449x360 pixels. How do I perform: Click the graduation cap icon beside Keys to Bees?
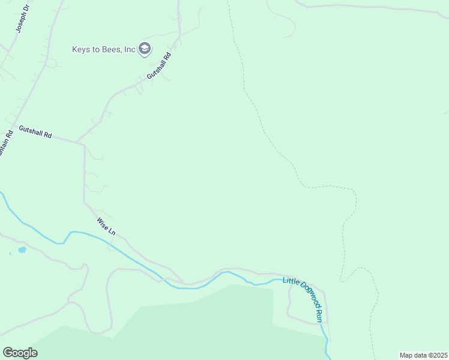pos(144,49)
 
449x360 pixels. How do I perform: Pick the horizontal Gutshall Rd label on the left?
pos(35,132)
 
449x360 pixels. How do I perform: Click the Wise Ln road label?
pos(106,226)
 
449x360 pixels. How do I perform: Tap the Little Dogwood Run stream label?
pos(304,299)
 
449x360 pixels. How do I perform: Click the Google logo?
pos(20,352)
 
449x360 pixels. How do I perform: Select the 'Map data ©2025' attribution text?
pos(423,355)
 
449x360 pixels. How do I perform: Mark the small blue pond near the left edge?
pos(22,249)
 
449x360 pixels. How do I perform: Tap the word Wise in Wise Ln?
pos(102,223)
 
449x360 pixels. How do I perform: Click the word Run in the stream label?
pos(319,315)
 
